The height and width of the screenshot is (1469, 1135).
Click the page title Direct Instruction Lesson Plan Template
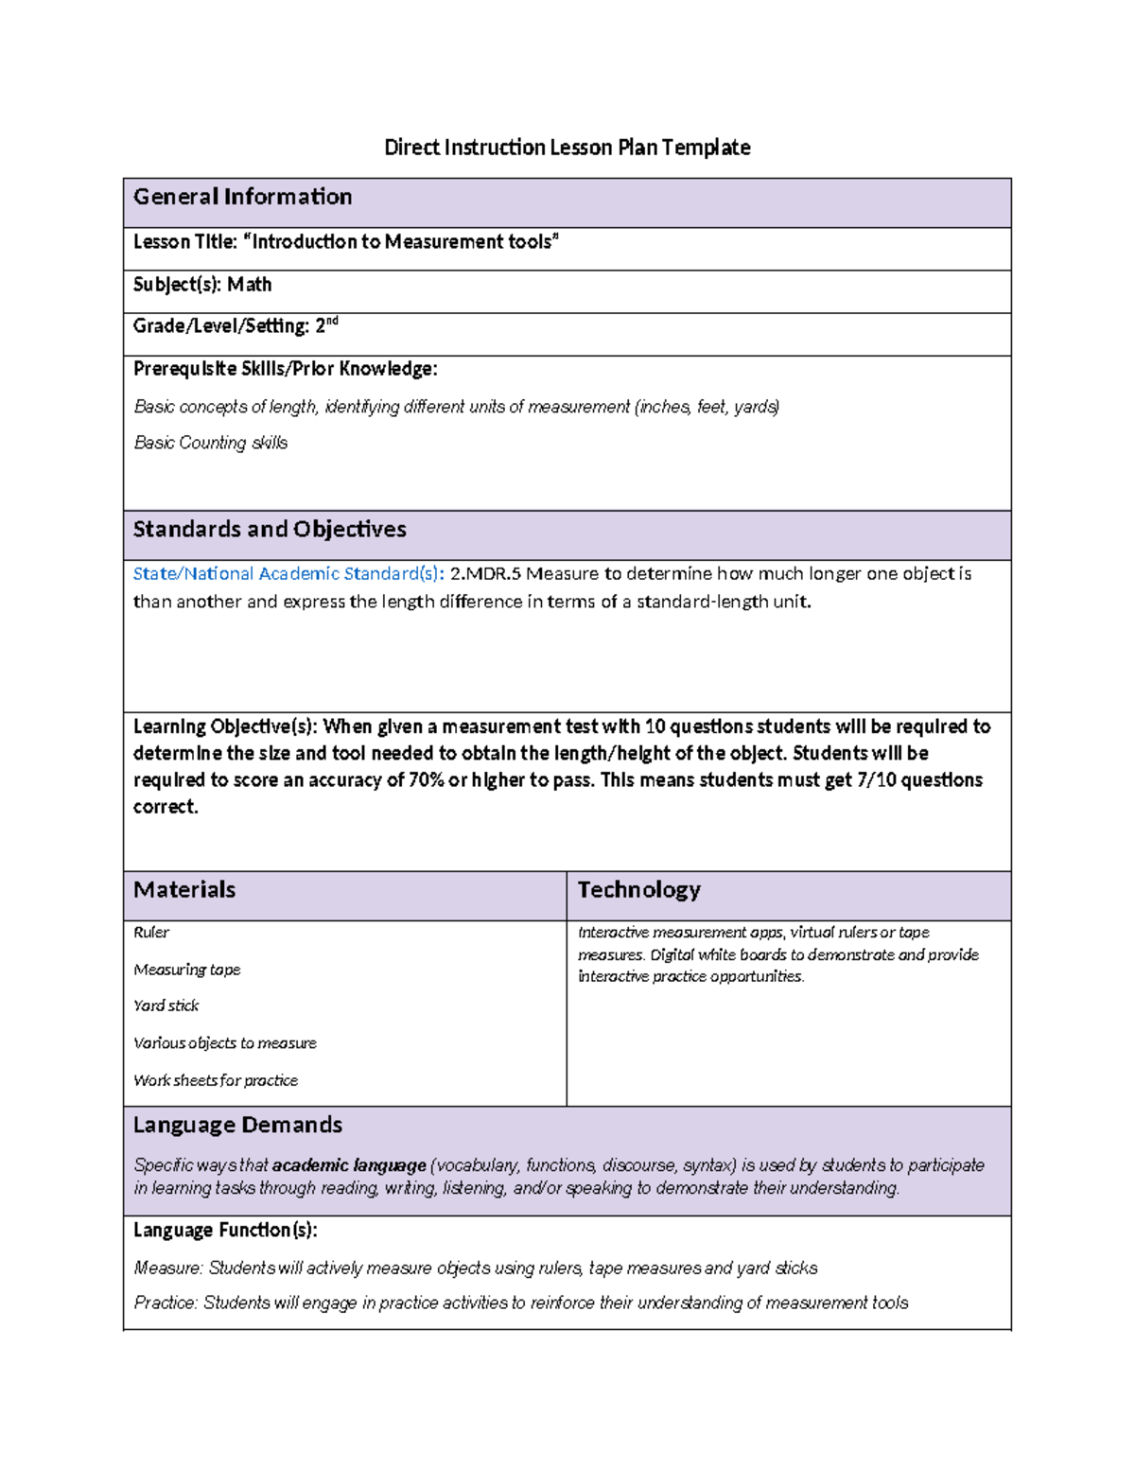567,148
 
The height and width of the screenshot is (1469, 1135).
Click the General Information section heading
242,197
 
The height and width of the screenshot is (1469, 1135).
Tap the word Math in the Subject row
250,285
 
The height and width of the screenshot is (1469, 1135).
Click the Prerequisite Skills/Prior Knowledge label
285,369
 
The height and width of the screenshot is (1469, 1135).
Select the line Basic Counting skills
210,443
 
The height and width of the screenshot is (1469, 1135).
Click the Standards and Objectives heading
270,530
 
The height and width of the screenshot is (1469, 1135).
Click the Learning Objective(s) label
225,726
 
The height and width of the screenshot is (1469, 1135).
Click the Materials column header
184,890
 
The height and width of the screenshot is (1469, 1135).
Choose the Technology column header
638,890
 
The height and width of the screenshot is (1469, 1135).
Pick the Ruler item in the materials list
151,933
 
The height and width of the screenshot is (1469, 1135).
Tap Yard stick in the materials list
166,1006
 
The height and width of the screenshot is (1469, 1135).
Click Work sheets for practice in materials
216,1080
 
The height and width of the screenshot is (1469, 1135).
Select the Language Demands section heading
237,1125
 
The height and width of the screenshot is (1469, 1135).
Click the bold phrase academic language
349,1165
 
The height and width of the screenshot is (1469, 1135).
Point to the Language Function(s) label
225,1231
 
